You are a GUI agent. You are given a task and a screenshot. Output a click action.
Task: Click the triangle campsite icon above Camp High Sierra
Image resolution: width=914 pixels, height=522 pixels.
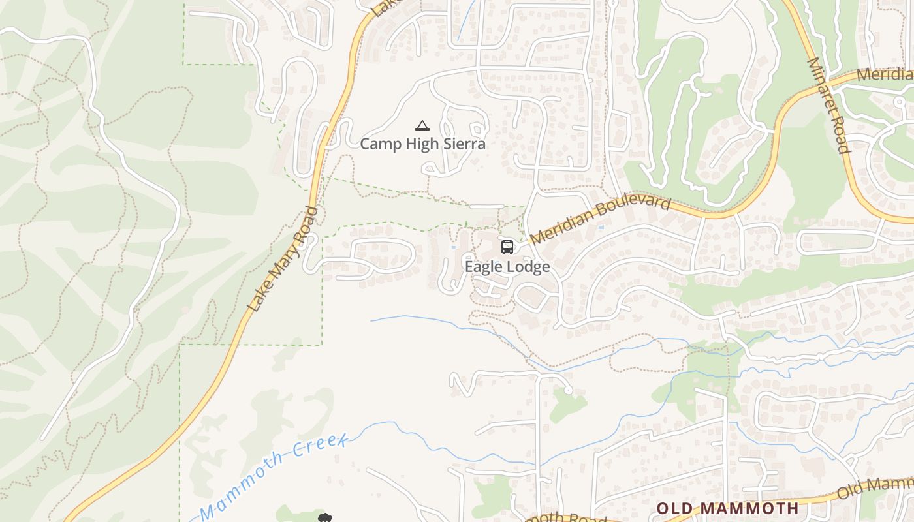(x=422, y=125)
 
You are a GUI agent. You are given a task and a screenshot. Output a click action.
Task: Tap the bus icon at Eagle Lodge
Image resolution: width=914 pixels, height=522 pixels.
(x=507, y=247)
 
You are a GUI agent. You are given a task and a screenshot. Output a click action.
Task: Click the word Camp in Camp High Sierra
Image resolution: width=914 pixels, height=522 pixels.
(x=381, y=144)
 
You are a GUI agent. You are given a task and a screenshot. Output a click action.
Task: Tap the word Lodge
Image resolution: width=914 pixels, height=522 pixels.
(x=528, y=267)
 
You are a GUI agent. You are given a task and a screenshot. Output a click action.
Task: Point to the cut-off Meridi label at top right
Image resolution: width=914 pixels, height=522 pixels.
(x=885, y=74)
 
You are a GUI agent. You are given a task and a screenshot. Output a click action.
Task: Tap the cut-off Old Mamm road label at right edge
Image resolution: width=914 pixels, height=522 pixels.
(x=875, y=489)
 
